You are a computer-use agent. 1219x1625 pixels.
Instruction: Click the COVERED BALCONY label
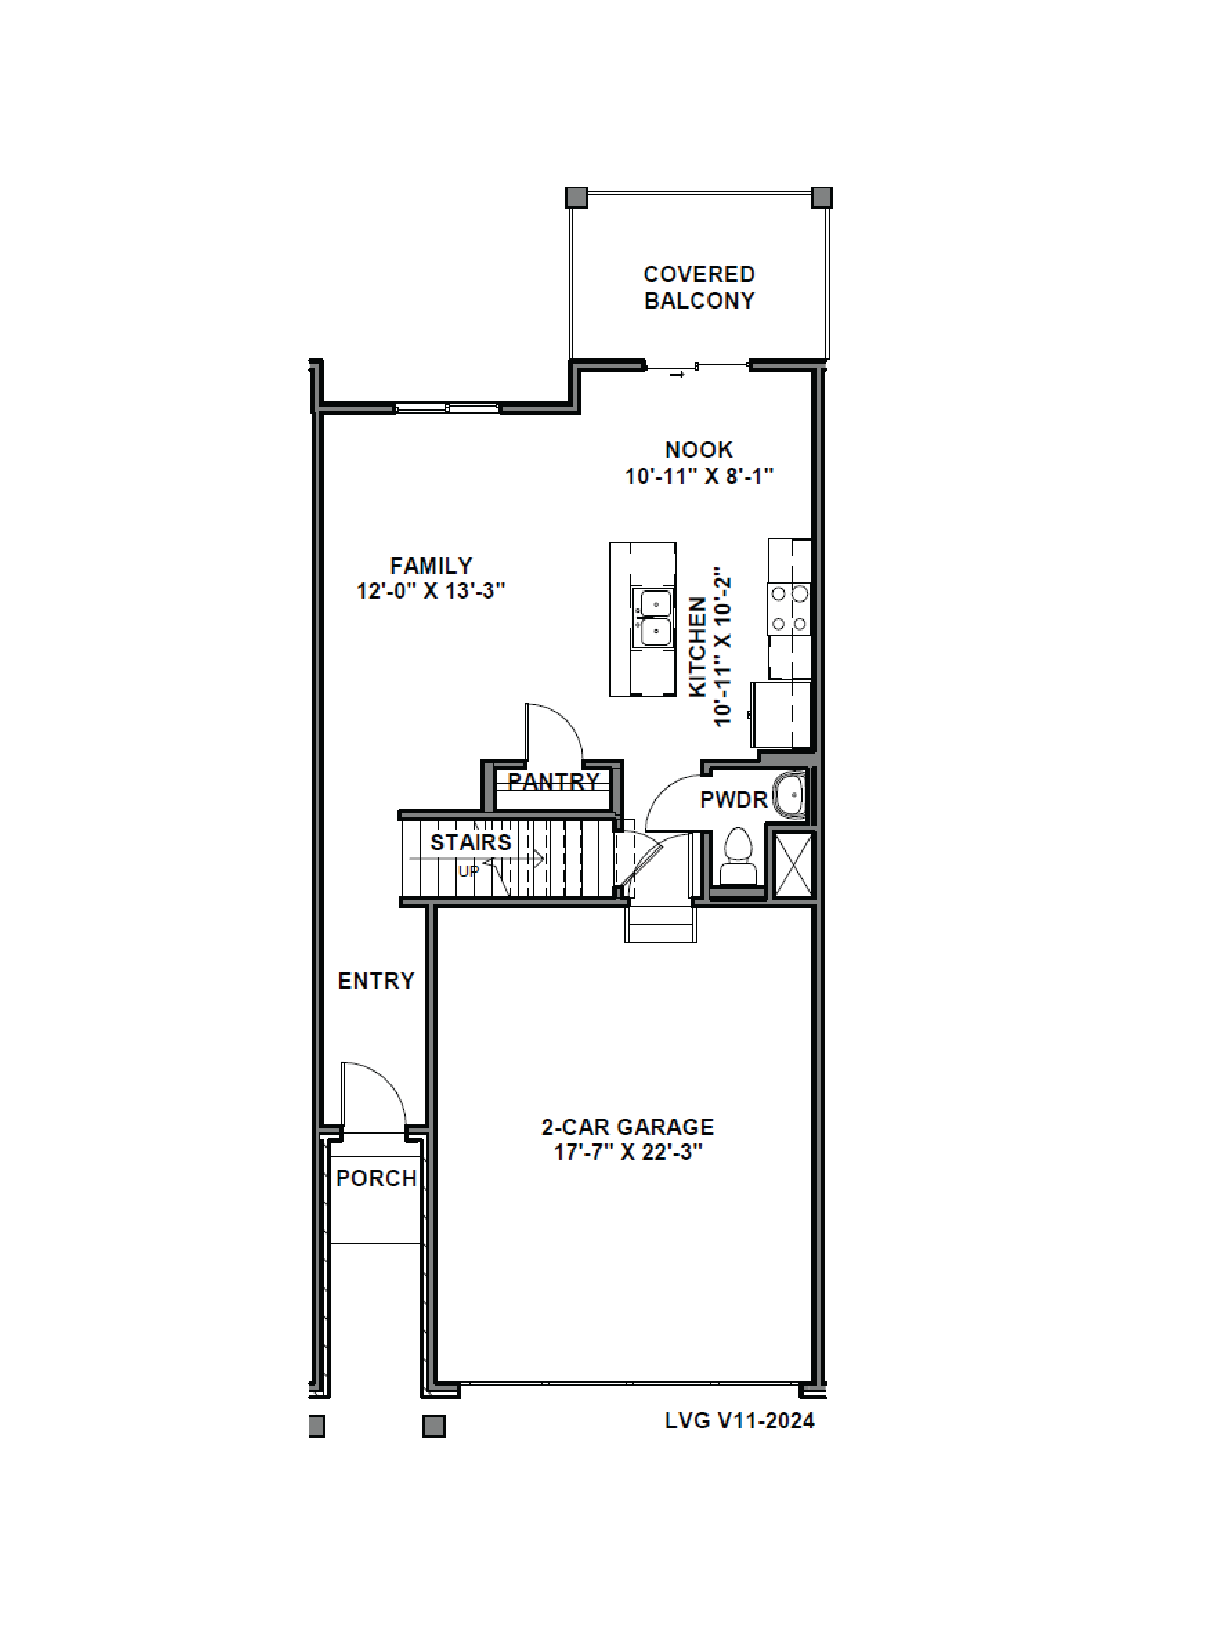click(x=699, y=287)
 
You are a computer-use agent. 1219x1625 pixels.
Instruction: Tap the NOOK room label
click(x=699, y=450)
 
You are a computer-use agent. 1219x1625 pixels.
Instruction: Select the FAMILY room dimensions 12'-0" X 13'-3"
click(x=431, y=591)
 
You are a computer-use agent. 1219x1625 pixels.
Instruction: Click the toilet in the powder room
click(x=739, y=856)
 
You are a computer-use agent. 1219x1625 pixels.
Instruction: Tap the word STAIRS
click(x=470, y=843)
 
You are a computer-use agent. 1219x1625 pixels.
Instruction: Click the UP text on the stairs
click(x=469, y=871)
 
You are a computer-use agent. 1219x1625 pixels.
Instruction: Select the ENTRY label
click(x=376, y=981)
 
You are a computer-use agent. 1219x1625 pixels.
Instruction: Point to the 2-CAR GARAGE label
click(x=628, y=1127)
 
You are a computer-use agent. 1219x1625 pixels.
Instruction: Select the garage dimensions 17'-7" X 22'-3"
click(x=628, y=1153)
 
